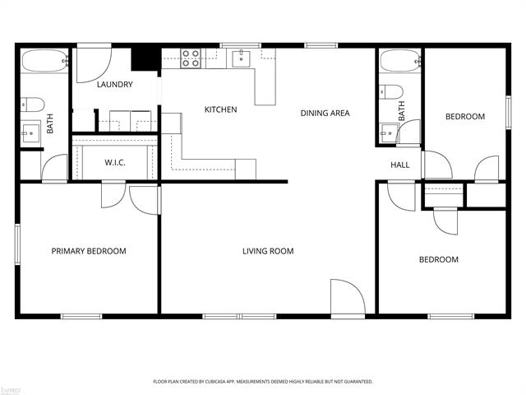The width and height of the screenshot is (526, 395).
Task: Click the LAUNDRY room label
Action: (115, 84)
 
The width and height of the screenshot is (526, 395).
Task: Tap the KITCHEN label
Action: (221, 109)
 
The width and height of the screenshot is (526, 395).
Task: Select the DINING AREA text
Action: (325, 114)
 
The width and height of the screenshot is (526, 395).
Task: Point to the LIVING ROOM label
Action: (268, 251)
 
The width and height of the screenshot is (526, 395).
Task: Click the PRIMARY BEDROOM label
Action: (89, 251)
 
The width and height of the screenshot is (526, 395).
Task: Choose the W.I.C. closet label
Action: (115, 163)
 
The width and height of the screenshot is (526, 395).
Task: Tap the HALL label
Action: (400, 165)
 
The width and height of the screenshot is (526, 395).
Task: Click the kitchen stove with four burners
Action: (191, 58)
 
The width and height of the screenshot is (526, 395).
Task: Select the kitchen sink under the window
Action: (241, 58)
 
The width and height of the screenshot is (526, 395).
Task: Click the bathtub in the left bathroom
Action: (45, 61)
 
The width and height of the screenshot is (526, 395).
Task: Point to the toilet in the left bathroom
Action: (33, 105)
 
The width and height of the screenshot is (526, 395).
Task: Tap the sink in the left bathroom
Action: (30, 133)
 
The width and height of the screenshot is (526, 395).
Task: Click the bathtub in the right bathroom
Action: (400, 61)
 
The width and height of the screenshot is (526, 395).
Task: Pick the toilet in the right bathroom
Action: (391, 91)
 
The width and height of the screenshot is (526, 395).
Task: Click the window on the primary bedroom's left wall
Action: (17, 244)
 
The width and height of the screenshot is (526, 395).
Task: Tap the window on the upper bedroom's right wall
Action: (509, 112)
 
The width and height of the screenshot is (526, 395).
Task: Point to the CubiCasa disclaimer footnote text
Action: (263, 382)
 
